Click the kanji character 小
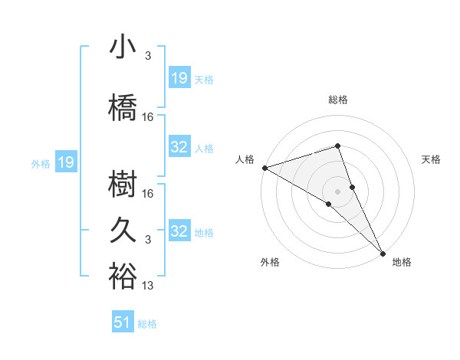tap(123, 48)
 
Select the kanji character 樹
tap(123, 185)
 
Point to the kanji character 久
tap(123, 230)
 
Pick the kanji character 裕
tap(123, 276)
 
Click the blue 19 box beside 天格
tap(179, 78)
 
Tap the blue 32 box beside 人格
tap(179, 148)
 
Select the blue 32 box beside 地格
tap(179, 231)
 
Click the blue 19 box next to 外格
tap(65, 162)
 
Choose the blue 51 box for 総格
tap(123, 323)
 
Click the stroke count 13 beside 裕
tap(148, 286)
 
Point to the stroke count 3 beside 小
tap(148, 56)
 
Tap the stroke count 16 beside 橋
tap(148, 117)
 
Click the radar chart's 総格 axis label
tap(338, 100)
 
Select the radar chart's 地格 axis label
tap(402, 262)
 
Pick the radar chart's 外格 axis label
tap(270, 262)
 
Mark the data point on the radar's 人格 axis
tap(264, 168)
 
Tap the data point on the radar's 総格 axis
tap(338, 146)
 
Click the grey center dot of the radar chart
tap(338, 191)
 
